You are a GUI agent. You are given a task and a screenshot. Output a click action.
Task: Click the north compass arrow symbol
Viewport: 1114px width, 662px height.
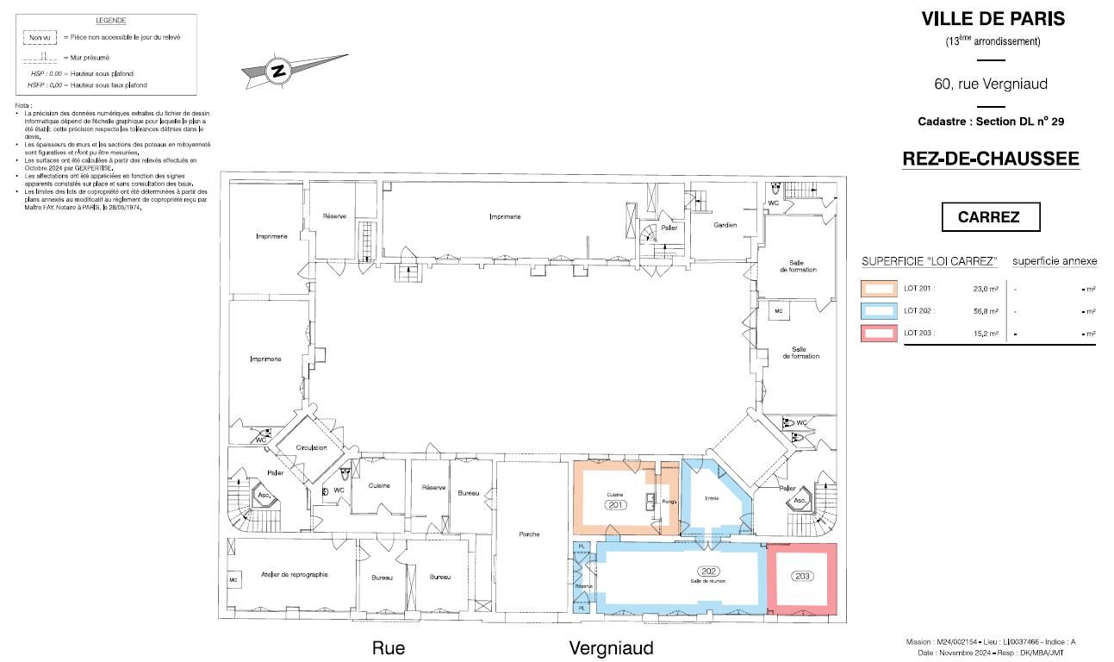(279, 72)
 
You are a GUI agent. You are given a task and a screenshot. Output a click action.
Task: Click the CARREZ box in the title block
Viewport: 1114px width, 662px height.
(988, 217)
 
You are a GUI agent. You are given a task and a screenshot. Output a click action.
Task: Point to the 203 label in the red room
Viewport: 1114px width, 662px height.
(803, 576)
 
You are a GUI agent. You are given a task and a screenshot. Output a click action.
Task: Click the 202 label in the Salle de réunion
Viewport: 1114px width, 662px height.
(709, 571)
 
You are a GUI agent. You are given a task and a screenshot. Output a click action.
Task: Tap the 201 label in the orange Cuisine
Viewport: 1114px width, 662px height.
(615, 504)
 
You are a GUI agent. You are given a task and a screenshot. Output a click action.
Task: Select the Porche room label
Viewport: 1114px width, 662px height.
(529, 534)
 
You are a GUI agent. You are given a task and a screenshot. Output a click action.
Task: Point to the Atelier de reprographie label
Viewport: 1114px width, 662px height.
(295, 574)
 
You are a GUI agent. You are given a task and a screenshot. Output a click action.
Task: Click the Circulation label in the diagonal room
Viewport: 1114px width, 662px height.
(311, 448)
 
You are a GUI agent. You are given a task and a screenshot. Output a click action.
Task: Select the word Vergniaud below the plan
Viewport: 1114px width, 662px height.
(611, 648)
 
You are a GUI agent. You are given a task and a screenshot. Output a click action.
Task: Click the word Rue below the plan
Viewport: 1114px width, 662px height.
(388, 648)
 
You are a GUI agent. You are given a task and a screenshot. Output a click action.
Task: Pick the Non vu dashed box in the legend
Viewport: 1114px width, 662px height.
(40, 38)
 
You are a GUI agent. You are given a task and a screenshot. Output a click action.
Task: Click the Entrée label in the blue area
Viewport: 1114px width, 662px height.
(712, 498)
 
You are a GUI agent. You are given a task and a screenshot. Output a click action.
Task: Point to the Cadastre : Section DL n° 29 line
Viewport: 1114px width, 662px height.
(991, 122)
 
